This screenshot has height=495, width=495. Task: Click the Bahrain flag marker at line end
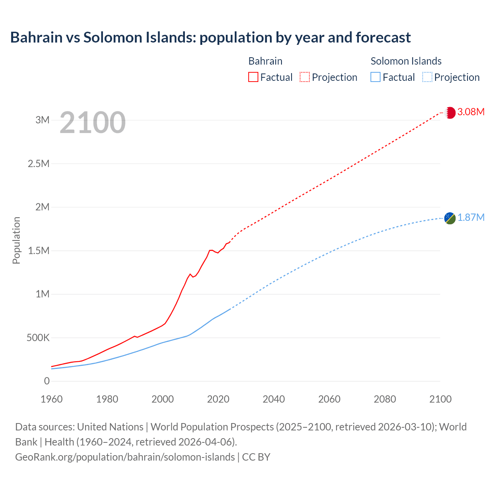pyautogui.click(x=450, y=113)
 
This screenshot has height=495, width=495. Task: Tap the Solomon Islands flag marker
pyautogui.click(x=450, y=218)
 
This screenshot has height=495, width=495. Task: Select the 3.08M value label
pyautogui.click(x=471, y=112)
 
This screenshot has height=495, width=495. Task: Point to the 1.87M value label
pyautogui.click(x=471, y=218)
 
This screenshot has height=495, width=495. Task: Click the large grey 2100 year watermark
pyautogui.click(x=92, y=123)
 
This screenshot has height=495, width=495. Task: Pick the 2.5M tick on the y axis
pyautogui.click(x=39, y=164)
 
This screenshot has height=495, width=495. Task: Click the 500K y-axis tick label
pyautogui.click(x=38, y=338)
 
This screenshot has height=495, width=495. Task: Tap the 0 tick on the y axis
pyautogui.click(x=47, y=381)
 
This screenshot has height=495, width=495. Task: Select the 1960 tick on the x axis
pyautogui.click(x=51, y=399)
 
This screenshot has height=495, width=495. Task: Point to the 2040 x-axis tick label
pyautogui.click(x=274, y=399)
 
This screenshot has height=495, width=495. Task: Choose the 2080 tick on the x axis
pyautogui.click(x=385, y=399)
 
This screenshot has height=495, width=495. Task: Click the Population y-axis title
pyautogui.click(x=16, y=240)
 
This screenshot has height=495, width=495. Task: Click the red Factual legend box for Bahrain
pyautogui.click(x=253, y=77)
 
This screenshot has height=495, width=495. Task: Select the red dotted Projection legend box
pyautogui.click(x=305, y=77)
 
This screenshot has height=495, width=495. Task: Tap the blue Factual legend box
pyautogui.click(x=376, y=77)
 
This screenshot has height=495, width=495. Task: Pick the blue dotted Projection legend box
pyautogui.click(x=427, y=77)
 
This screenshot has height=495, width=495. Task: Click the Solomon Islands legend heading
pyautogui.click(x=406, y=61)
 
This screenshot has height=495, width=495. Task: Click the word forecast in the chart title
pyautogui.click(x=383, y=38)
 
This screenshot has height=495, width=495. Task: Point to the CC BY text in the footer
pyautogui.click(x=256, y=457)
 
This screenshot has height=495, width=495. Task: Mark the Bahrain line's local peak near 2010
pyautogui.click(x=190, y=274)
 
